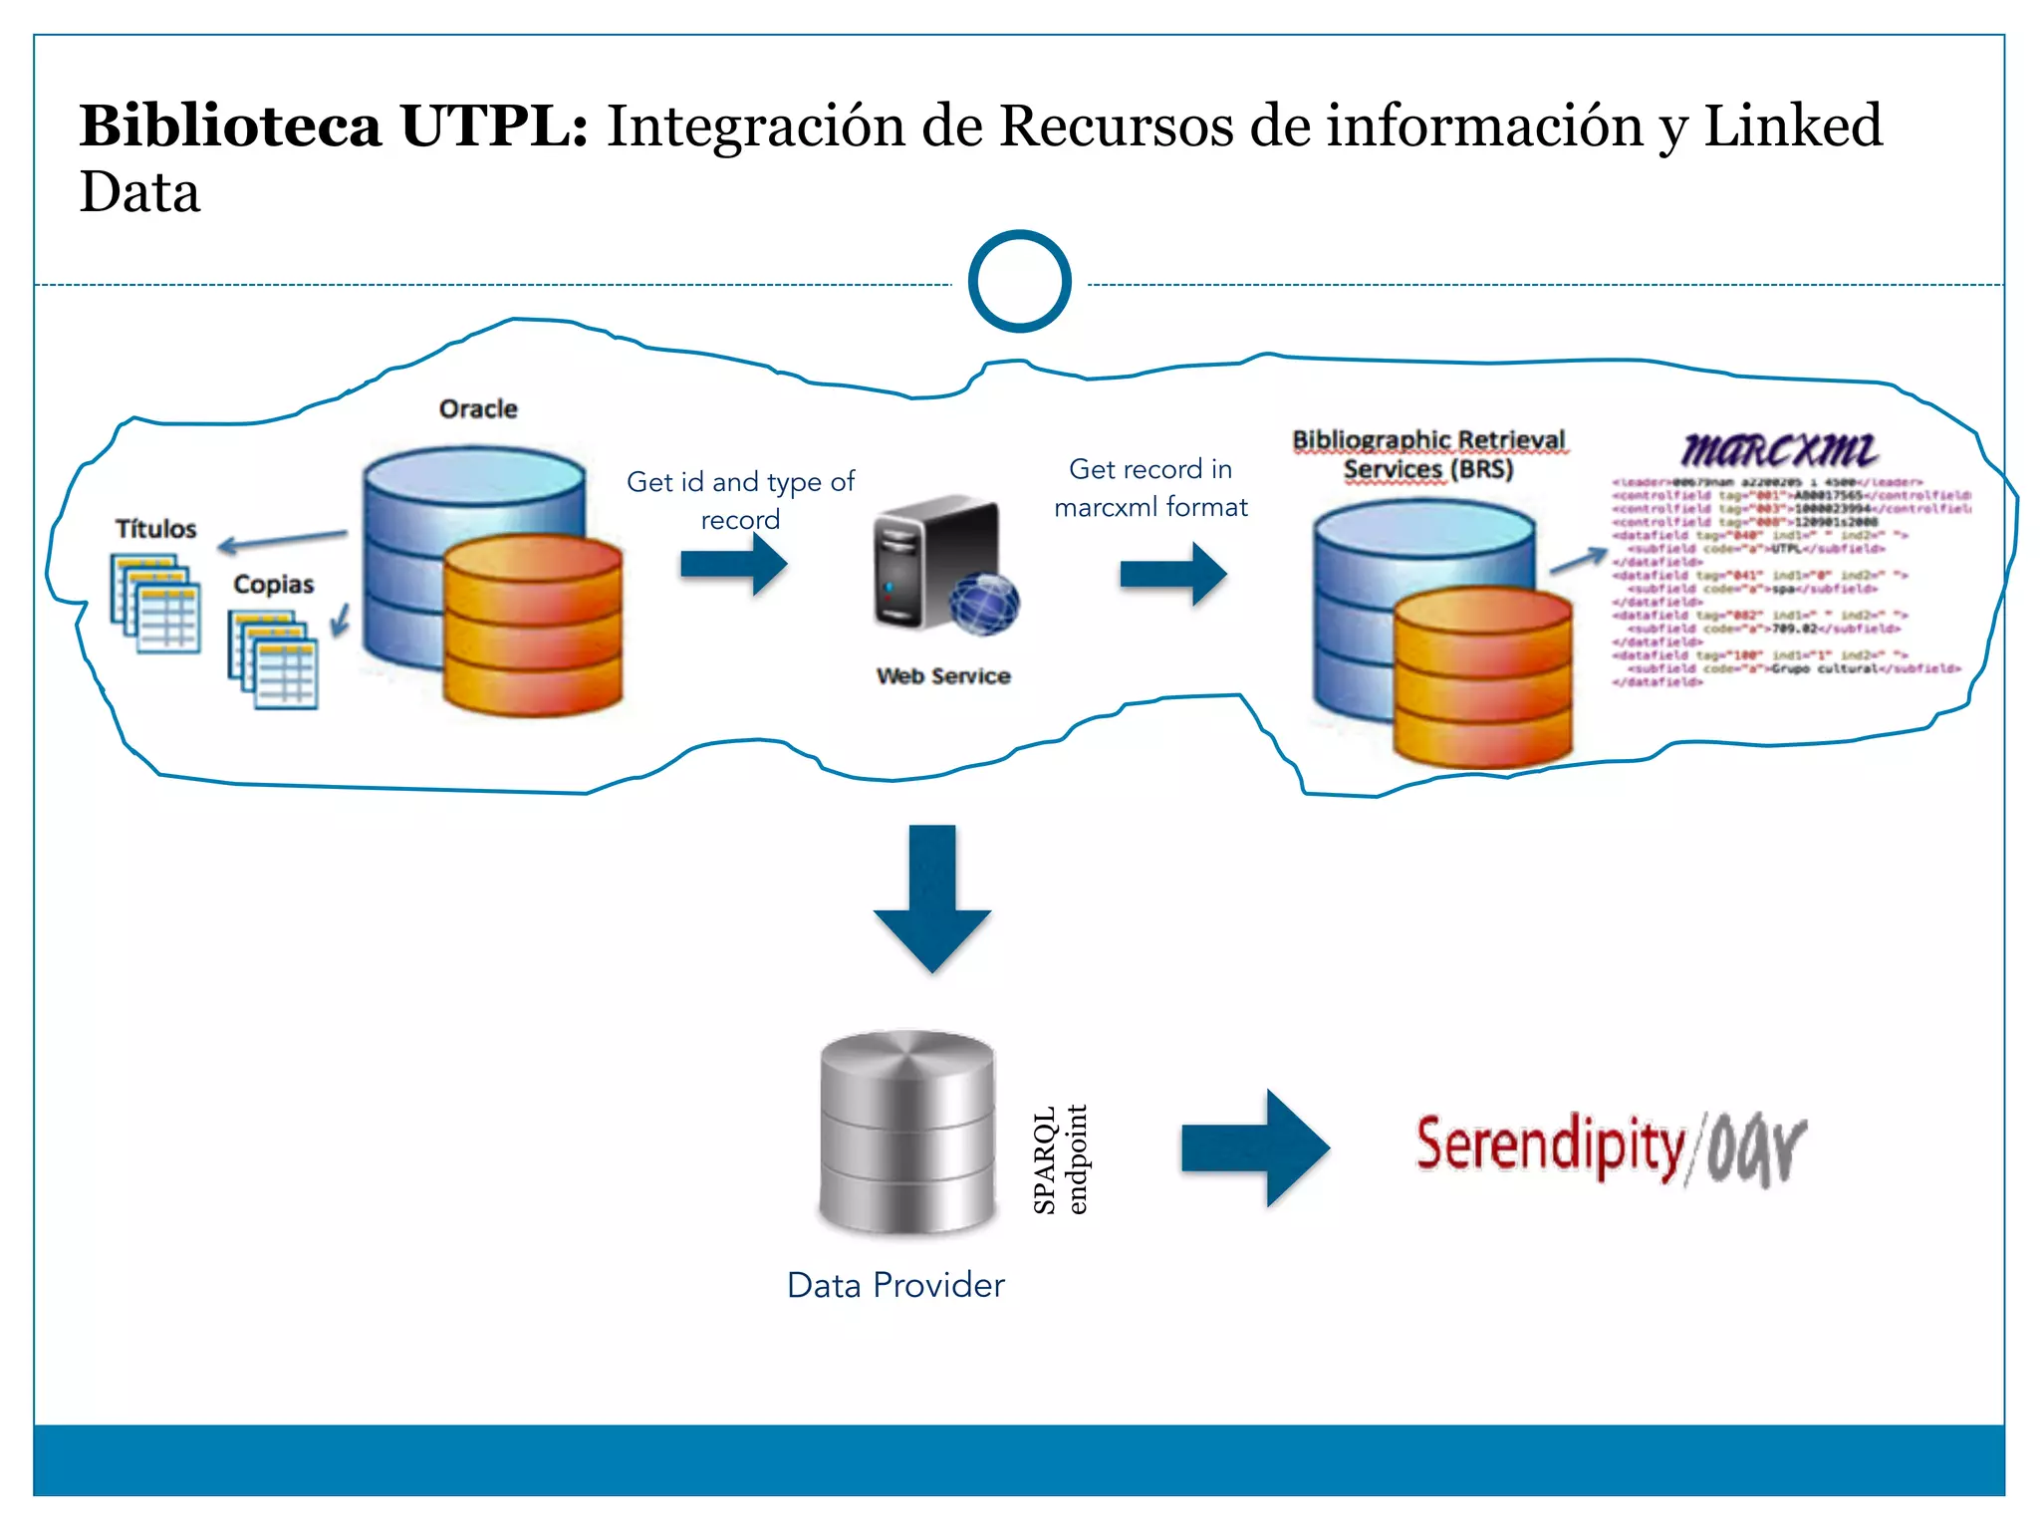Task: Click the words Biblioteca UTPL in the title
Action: click(x=334, y=127)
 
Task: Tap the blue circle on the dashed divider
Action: click(x=1019, y=282)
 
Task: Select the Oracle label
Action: click(x=478, y=408)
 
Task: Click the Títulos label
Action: click(x=155, y=528)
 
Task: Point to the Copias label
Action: click(x=273, y=584)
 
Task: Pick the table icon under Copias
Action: click(x=274, y=659)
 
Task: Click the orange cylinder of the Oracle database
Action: click(x=533, y=628)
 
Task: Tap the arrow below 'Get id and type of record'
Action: click(x=734, y=564)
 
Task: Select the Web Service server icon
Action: click(x=941, y=566)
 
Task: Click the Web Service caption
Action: click(x=943, y=675)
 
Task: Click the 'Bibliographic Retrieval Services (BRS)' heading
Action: click(x=1428, y=454)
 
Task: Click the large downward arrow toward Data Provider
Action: click(x=932, y=896)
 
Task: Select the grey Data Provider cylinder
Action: click(x=906, y=1133)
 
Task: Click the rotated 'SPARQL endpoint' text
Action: click(x=1060, y=1159)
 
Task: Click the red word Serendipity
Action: click(x=1549, y=1146)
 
